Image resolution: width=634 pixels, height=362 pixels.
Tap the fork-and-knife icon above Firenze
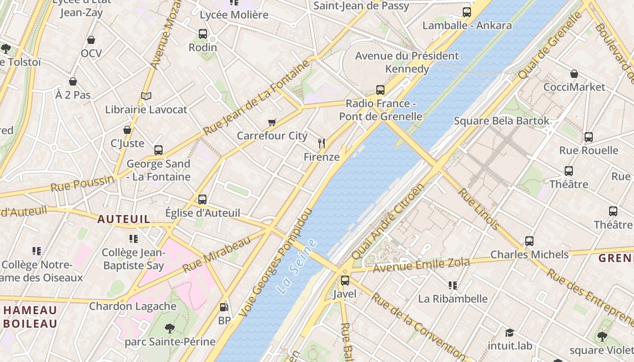pyautogui.click(x=322, y=144)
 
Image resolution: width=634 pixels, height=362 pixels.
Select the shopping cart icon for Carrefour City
pyautogui.click(x=272, y=122)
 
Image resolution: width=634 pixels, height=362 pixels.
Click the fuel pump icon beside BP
pyautogui.click(x=224, y=307)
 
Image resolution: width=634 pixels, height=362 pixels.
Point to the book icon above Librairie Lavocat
pyautogui.click(x=146, y=96)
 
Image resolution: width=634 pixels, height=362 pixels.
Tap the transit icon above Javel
pyautogui.click(x=345, y=281)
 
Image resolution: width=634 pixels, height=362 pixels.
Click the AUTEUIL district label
pyautogui.click(x=124, y=219)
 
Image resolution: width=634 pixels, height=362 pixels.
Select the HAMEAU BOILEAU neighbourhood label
pyautogui.click(x=30, y=317)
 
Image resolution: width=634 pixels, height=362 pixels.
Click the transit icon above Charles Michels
pyautogui.click(x=529, y=241)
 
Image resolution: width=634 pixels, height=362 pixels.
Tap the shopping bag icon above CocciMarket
pyautogui.click(x=574, y=74)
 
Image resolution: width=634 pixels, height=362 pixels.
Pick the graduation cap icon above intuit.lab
pyautogui.click(x=509, y=333)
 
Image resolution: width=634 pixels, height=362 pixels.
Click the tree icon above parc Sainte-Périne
pyautogui.click(x=170, y=328)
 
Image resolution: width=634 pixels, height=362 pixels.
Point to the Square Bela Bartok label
pyautogui.click(x=501, y=121)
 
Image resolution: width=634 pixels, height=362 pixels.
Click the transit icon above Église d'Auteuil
pyautogui.click(x=202, y=199)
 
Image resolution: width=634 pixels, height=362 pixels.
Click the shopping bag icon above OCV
pyautogui.click(x=91, y=40)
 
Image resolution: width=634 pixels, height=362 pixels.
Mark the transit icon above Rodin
pyautogui.click(x=203, y=34)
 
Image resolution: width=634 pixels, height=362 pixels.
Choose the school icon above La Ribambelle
pyautogui.click(x=452, y=285)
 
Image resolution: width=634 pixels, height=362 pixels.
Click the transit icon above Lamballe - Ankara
pyautogui.click(x=467, y=12)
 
